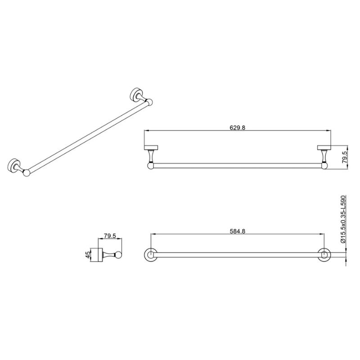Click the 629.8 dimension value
pos(237,127)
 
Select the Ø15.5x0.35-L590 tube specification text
pos(343,219)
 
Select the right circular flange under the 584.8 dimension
pos(324,254)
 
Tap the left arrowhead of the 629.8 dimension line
pos(146,131)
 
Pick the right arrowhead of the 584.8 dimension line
pos(322,234)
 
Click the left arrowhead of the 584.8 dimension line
pos(152,234)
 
